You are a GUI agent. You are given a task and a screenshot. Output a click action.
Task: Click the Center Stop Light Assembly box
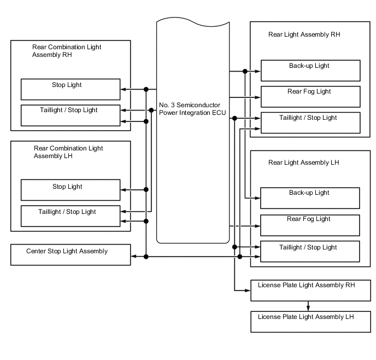[x=70, y=255]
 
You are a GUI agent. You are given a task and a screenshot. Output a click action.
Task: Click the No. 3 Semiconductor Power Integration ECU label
[x=190, y=108]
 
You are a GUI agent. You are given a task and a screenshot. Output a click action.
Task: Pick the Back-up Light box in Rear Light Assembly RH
[x=310, y=71]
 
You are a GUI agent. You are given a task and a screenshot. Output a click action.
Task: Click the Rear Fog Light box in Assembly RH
[x=310, y=96]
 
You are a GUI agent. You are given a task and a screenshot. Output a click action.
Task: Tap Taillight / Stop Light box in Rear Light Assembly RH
[x=310, y=123]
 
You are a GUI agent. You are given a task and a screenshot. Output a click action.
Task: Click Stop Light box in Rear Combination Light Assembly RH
[x=70, y=89]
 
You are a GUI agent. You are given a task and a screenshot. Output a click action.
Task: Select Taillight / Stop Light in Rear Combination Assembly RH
[x=70, y=114]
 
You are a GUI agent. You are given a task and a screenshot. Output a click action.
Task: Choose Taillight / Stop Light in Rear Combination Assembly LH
[x=70, y=216]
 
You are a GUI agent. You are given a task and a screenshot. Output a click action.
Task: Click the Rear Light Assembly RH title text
[x=304, y=34]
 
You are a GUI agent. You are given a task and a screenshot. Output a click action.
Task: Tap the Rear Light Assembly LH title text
[x=304, y=162]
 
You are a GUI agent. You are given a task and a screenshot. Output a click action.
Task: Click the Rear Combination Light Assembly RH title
[x=67, y=51]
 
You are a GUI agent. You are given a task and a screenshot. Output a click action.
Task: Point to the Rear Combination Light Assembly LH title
[x=68, y=152]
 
